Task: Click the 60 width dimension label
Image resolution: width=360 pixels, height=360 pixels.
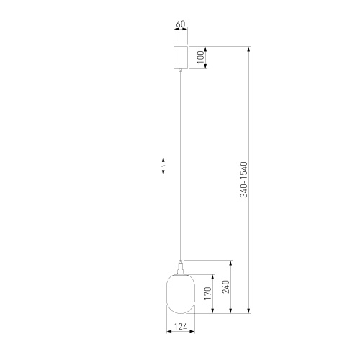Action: [181, 24]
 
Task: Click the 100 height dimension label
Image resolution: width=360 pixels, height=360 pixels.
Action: [201, 57]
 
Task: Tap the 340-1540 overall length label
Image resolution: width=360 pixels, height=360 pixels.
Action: [243, 179]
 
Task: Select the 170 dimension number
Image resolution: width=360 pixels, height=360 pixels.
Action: [208, 293]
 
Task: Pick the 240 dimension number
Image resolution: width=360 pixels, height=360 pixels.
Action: [226, 287]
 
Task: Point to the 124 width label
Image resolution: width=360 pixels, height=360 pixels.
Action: [181, 327]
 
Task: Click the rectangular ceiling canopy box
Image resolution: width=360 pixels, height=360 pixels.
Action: [181, 58]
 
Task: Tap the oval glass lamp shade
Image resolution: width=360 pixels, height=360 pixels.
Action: [181, 294]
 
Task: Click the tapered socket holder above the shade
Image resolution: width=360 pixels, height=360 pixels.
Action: [181, 269]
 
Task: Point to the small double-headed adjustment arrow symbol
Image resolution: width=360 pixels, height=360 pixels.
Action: [163, 166]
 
